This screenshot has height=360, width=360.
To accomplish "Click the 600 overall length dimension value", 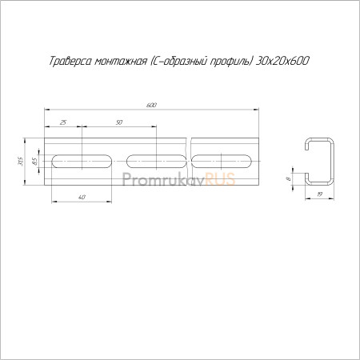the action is pos(151,105).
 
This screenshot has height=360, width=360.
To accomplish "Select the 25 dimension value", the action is pos(63,122).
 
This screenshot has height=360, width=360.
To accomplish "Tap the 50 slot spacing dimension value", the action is pos(119,122).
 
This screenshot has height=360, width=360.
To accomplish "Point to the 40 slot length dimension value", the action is pos(82,197).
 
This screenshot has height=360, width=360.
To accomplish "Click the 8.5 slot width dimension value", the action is pos(34,162).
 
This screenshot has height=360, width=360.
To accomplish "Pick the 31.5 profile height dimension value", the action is pos(21,162).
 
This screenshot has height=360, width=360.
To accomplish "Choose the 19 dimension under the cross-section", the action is pos(320,194).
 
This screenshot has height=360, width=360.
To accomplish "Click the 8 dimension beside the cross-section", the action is pos(288,179).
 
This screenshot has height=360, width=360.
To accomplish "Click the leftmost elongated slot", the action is pos(82,162).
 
